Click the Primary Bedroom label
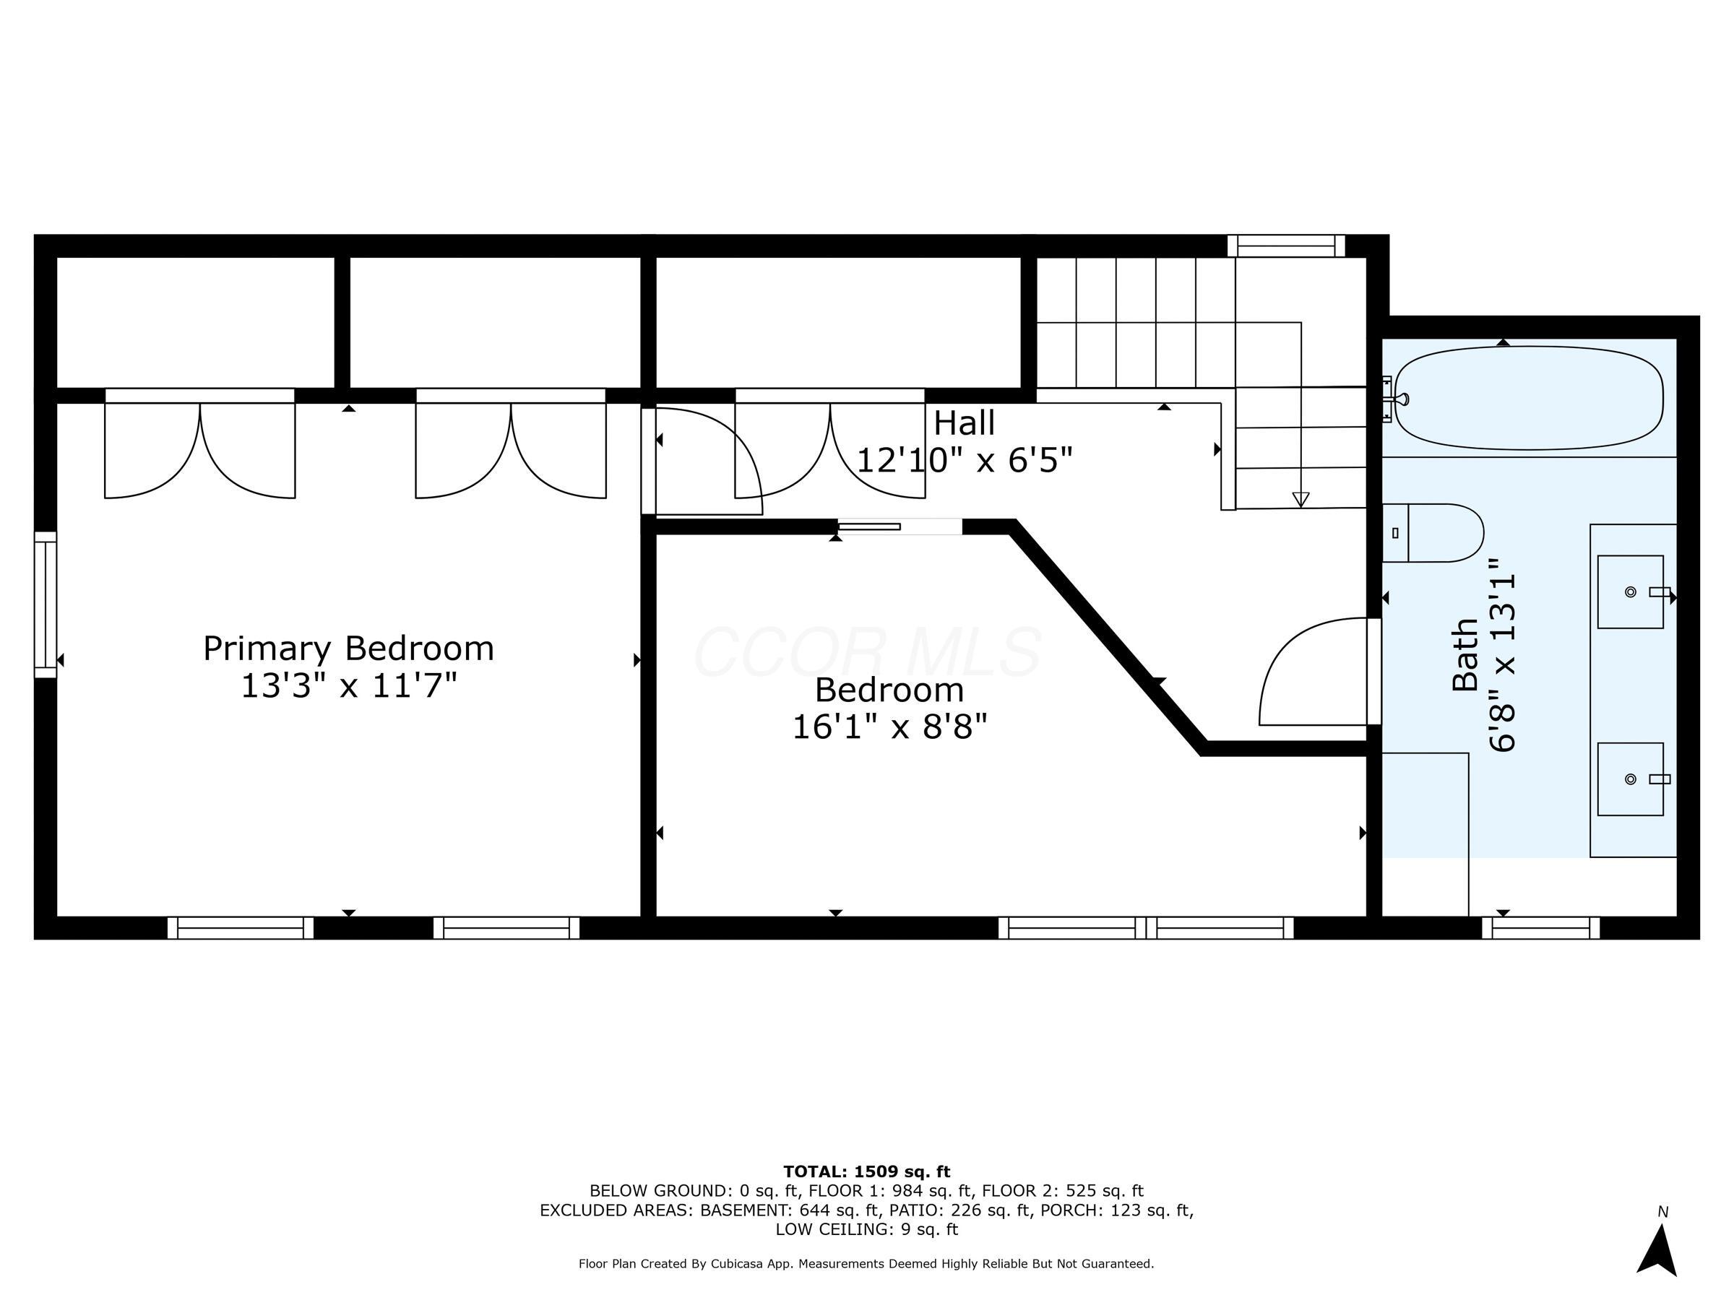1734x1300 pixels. point(348,649)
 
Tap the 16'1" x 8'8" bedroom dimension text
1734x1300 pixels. point(889,727)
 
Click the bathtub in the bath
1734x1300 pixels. point(1528,398)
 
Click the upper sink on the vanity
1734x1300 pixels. point(1631,591)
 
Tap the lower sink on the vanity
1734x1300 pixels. point(1631,779)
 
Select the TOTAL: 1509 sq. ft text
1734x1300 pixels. point(866,1171)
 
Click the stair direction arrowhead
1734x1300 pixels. point(1300,498)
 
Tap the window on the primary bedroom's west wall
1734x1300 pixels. point(46,604)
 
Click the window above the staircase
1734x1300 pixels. point(1285,246)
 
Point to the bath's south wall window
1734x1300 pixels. point(1540,928)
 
